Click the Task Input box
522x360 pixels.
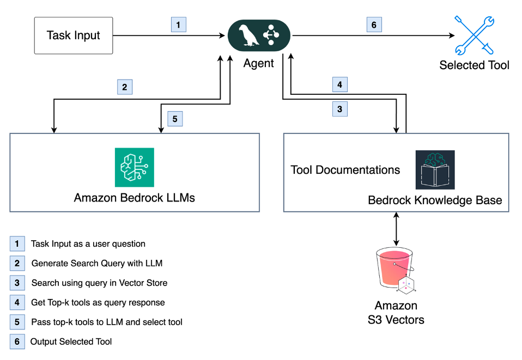point(74,35)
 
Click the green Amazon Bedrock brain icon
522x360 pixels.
point(134,167)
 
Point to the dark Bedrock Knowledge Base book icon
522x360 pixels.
point(435,169)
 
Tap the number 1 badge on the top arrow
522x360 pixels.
point(178,24)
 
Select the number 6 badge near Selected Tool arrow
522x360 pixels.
point(374,24)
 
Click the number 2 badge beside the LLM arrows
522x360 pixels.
point(125,87)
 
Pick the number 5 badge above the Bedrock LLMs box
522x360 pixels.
point(175,119)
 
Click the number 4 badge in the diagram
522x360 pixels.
point(339,85)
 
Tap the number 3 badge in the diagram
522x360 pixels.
point(339,109)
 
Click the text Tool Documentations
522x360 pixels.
point(345,170)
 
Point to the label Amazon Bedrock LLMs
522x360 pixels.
point(135,197)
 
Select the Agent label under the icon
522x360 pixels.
point(259,63)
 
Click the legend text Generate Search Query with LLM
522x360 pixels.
point(97,263)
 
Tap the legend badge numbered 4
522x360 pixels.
point(17,302)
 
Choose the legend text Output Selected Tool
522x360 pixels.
point(71,341)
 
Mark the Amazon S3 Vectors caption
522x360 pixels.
point(396,313)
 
